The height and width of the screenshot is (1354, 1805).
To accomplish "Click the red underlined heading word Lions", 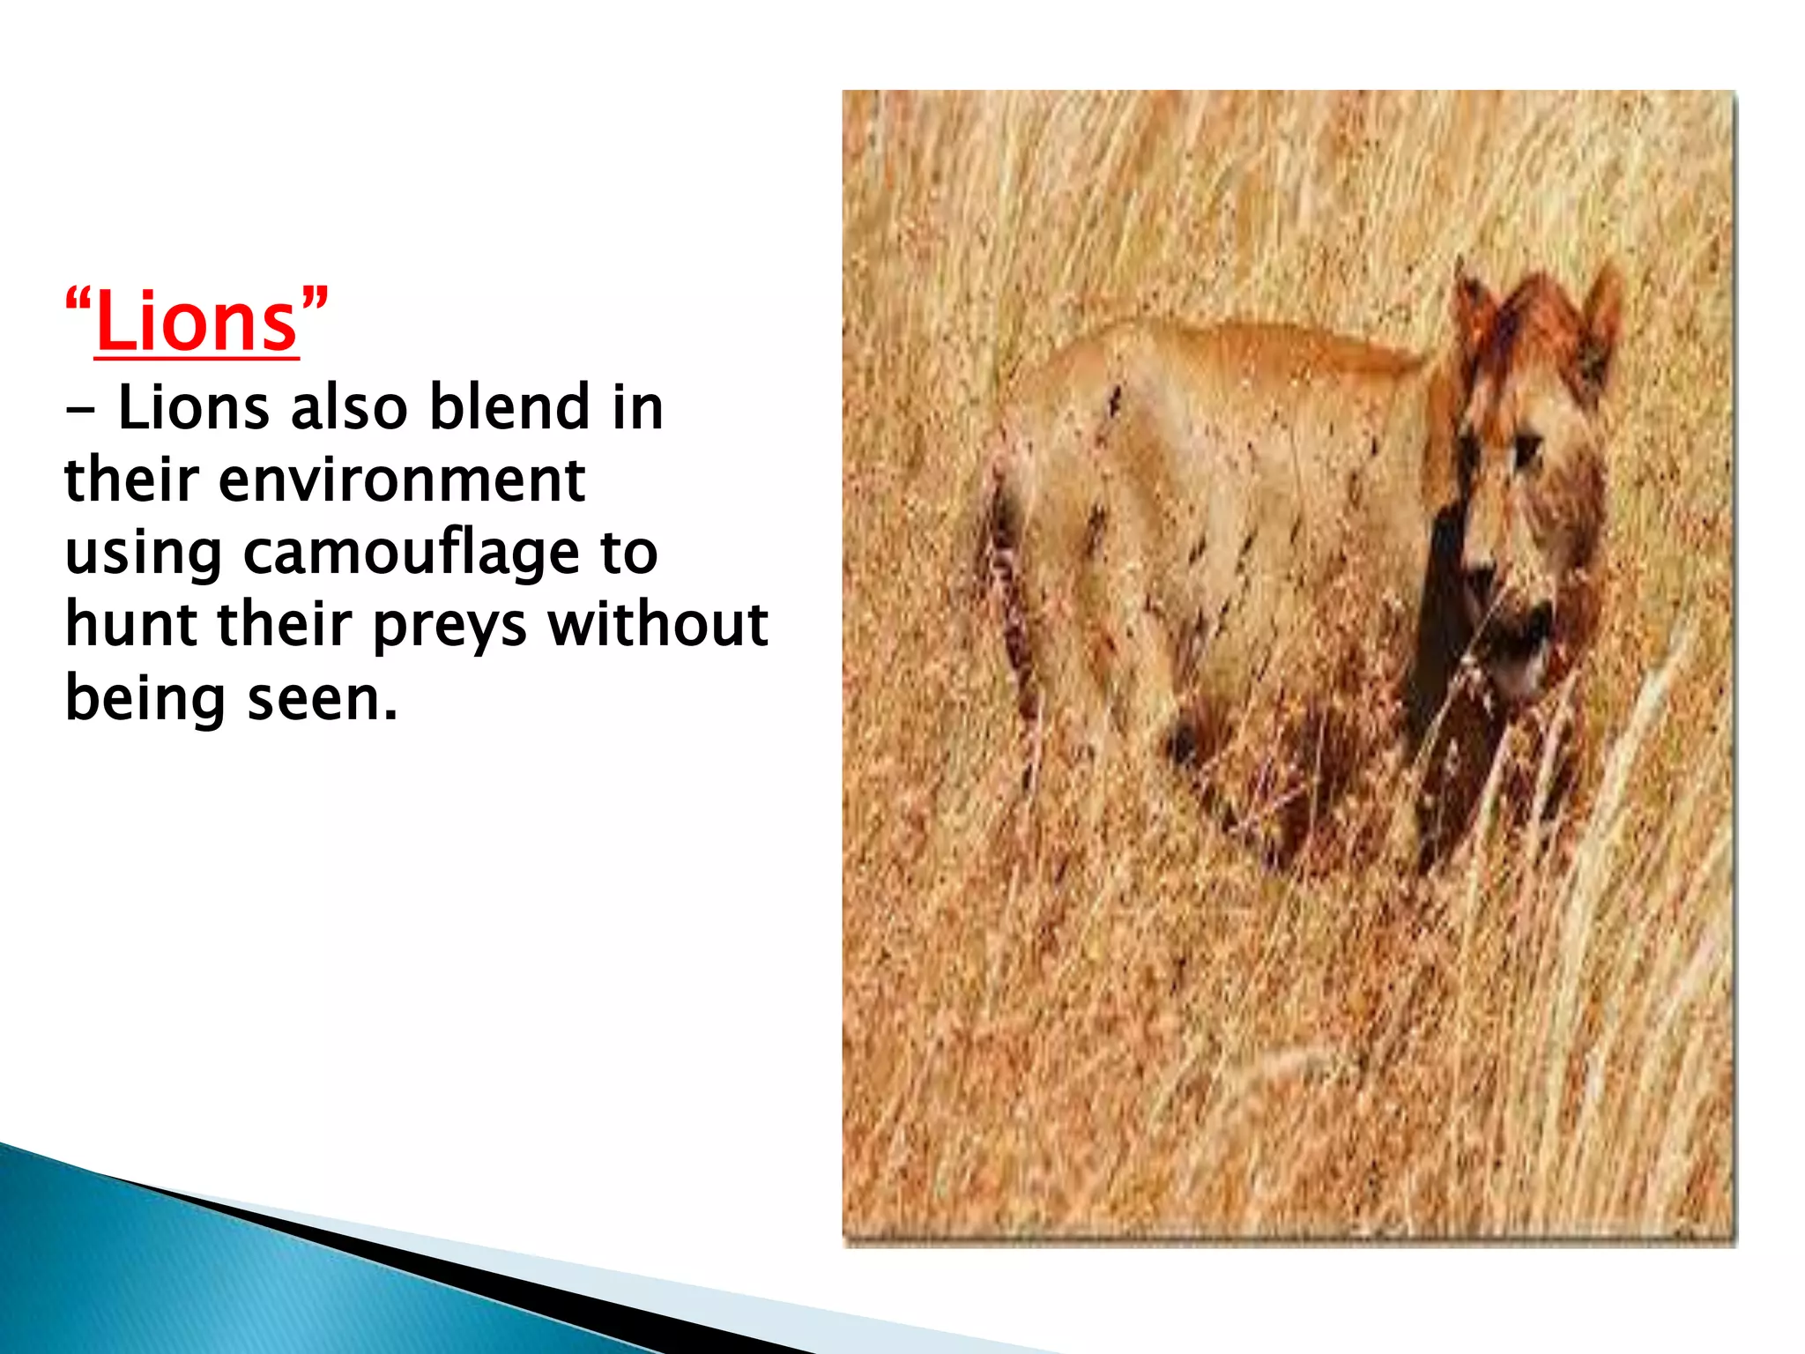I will point(197,323).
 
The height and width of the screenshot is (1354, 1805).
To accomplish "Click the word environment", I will point(401,480).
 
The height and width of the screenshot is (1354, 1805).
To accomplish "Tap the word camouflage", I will point(411,554).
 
